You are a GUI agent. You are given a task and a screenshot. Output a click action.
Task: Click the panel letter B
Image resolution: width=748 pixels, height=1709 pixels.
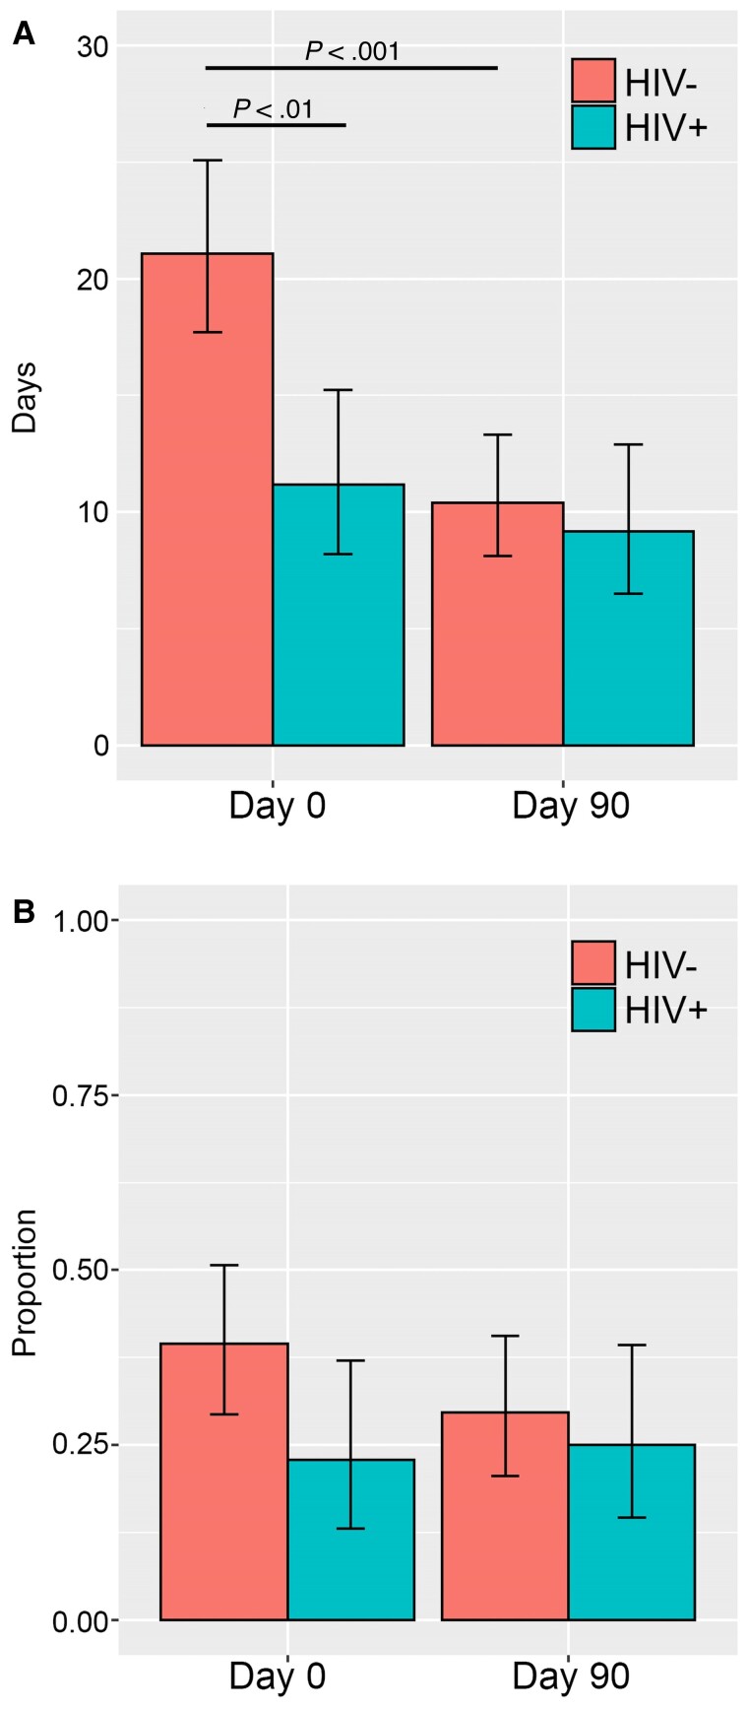[23, 911]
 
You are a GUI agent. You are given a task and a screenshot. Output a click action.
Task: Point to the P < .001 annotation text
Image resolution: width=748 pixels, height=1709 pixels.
[352, 51]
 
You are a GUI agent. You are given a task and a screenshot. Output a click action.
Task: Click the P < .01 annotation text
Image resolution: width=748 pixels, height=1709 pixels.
[274, 108]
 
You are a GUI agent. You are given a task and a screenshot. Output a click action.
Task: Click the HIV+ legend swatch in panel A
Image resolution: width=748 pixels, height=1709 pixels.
[593, 127]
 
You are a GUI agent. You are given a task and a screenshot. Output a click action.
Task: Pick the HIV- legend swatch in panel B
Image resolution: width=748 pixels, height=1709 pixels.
[593, 962]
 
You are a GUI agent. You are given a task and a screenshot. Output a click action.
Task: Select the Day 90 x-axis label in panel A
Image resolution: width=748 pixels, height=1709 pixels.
[571, 806]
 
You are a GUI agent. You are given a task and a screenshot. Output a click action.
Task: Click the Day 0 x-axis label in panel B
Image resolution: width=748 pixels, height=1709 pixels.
[278, 1677]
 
